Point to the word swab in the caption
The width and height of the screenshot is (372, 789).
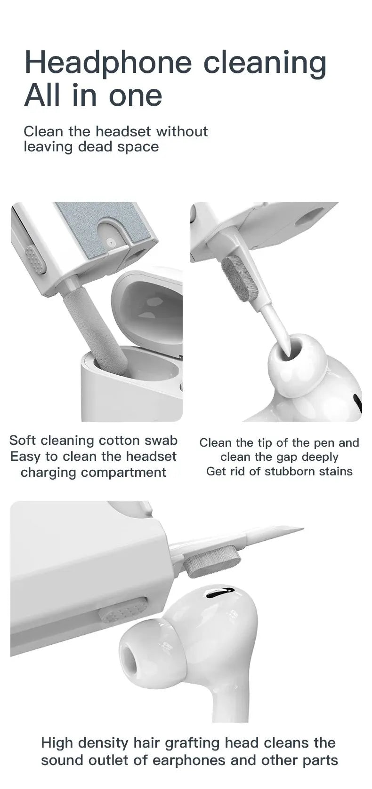(x=161, y=441)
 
